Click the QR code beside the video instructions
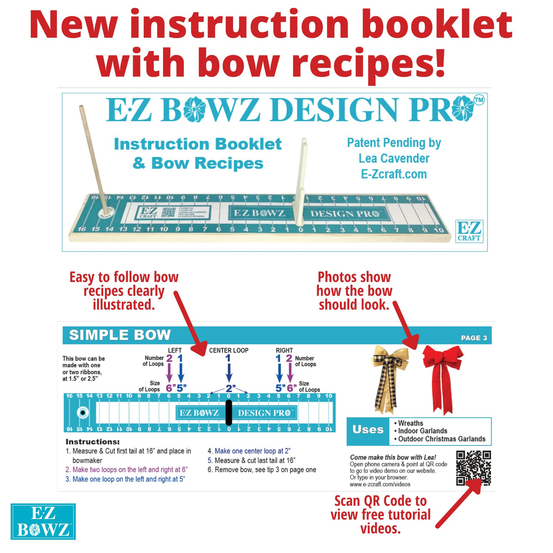tap(473, 468)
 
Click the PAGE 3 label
tap(474, 338)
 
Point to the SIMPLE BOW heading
tap(120, 335)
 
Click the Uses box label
tap(368, 430)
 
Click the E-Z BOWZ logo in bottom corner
tap(43, 522)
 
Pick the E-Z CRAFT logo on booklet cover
tap(469, 230)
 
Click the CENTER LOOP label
tap(229, 350)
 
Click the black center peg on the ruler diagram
tap(229, 413)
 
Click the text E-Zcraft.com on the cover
tap(394, 174)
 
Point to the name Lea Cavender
tap(394, 159)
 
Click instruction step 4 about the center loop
tap(249, 451)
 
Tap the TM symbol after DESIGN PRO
tap(479, 100)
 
